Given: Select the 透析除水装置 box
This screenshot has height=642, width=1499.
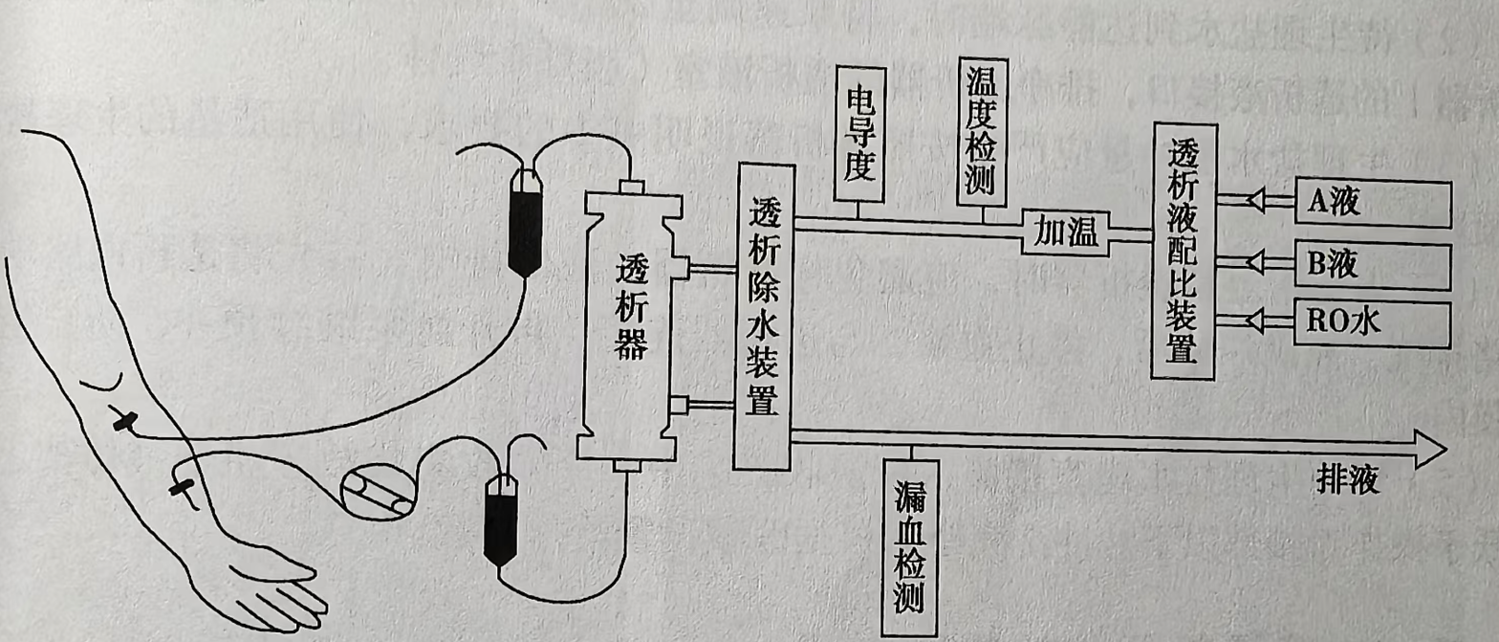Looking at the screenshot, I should pyautogui.click(x=764, y=317).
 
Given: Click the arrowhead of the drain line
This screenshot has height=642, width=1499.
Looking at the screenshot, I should pyautogui.click(x=1430, y=447).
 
